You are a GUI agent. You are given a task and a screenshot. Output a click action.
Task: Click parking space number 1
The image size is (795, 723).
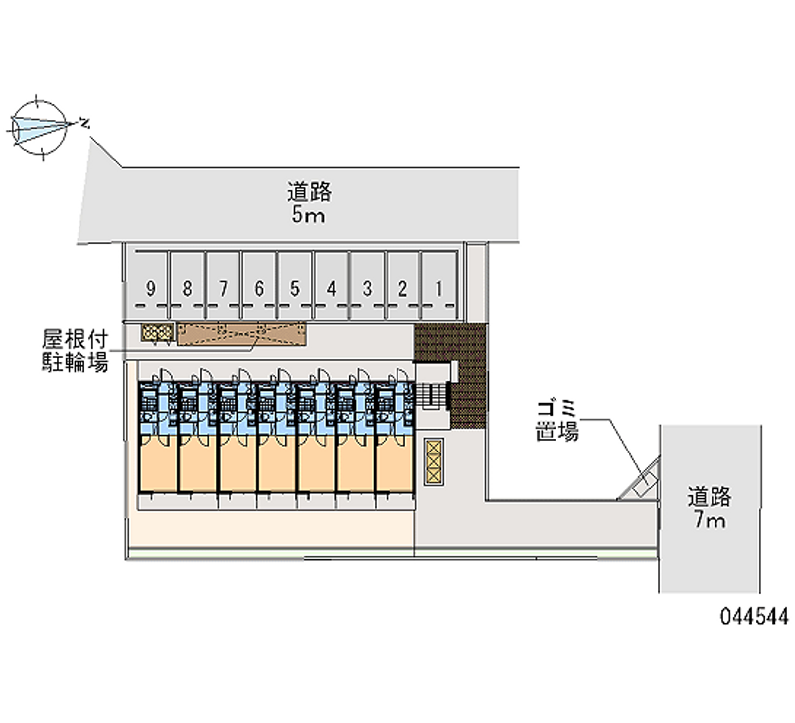pyautogui.click(x=439, y=288)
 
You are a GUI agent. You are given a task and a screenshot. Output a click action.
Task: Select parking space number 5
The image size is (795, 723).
pyautogui.click(x=295, y=288)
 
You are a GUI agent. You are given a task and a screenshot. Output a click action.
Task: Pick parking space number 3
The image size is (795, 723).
pyautogui.click(x=367, y=288)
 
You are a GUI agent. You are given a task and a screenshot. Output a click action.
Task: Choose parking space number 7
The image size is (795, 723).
pyautogui.click(x=224, y=288)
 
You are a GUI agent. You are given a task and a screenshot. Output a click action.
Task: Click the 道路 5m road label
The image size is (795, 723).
pyautogui.click(x=309, y=202)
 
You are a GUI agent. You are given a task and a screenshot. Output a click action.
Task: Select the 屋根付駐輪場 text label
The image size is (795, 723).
pyautogui.click(x=75, y=349)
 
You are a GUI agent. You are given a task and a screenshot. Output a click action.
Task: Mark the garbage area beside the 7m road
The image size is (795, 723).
pyautogui.click(x=640, y=483)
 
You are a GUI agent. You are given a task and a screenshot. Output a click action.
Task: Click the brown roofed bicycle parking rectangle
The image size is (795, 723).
pyautogui.click(x=241, y=335)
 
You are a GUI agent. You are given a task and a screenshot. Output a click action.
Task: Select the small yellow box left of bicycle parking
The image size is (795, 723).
pyautogui.click(x=157, y=333)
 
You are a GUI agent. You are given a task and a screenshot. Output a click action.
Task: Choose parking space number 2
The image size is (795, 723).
pyautogui.click(x=402, y=288)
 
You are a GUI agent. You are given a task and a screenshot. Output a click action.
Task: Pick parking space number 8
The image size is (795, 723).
pyautogui.click(x=187, y=288)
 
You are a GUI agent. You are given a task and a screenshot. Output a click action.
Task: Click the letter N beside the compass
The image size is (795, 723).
pyautogui.click(x=85, y=123)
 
